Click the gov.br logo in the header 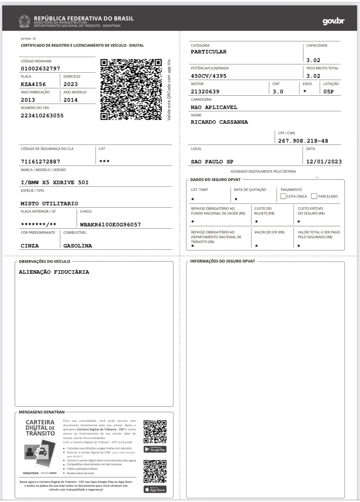coord(333,21)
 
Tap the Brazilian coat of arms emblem coord(24,21)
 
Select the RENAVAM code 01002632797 coord(40,68)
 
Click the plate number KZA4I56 coord(33,84)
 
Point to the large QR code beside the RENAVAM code coord(131,89)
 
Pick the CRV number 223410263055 coord(42,115)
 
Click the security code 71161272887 coord(40,161)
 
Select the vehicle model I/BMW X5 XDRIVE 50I coord(55,182)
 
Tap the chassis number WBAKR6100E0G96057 coord(110,224)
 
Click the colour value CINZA coord(30,246)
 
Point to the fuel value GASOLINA coord(78,246)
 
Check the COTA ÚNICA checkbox coord(283,196)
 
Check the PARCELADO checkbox coord(314,196)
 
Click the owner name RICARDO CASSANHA coord(219,122)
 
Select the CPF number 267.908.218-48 coord(303,141)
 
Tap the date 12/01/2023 coord(324,161)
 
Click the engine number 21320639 coord(205,91)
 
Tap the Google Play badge coord(155,449)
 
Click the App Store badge coord(155,490)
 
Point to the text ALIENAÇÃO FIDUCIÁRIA coord(54,272)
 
